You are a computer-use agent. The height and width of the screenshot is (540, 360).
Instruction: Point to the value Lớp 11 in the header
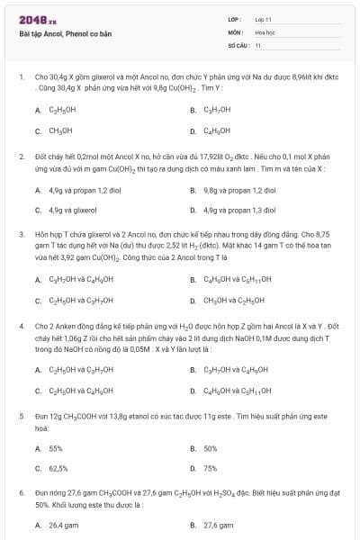coord(265,19)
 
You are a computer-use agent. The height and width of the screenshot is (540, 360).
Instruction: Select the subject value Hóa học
coord(265,31)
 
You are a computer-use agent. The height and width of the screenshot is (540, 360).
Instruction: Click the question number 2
coord(21,156)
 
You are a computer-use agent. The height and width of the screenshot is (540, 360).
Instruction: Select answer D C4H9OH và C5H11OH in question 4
coord(238,390)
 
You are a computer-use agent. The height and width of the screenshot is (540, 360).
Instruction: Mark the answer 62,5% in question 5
coord(58,468)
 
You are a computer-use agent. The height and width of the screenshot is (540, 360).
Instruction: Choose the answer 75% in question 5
coord(211,468)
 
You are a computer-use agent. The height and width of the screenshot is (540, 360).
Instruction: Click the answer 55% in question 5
coord(56,447)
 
